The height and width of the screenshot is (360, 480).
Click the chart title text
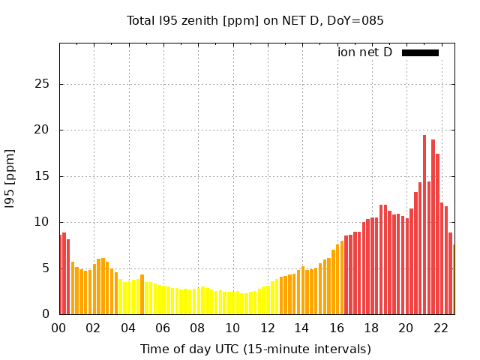pos(255,20)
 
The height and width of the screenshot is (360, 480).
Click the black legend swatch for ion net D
pos(420,52)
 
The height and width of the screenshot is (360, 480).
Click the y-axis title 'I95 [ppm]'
pos(10,179)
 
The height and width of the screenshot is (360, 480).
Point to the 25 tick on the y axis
pos(43,84)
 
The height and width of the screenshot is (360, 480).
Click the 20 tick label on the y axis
pos(43,130)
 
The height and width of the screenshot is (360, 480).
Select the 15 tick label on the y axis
pos(43,176)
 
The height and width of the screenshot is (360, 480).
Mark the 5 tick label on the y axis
pos(46,268)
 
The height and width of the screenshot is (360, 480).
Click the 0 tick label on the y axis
pos(46,314)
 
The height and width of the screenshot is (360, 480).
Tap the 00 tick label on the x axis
pos(59,328)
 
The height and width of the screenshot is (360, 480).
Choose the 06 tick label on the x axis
pos(163,328)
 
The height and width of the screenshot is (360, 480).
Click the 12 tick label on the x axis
pos(267,328)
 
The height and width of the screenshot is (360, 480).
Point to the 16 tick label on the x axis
pos(337,328)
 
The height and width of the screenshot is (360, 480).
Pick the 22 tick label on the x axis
pos(441,328)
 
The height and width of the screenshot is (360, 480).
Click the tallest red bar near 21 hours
pos(424,225)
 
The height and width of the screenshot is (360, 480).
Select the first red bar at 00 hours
pos(61,274)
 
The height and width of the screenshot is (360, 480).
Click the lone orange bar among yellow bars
pos(142,295)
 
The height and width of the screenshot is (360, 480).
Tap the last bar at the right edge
pos(453,280)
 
